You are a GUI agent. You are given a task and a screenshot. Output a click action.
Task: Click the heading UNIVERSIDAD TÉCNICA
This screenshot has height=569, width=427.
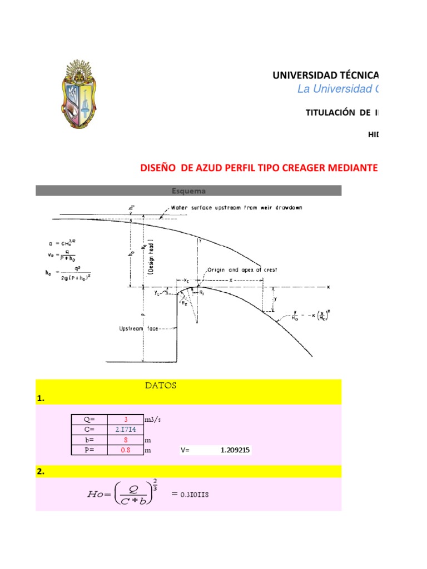[x=325, y=75]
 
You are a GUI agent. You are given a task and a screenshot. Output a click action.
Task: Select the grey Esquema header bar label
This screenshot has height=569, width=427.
[x=188, y=191]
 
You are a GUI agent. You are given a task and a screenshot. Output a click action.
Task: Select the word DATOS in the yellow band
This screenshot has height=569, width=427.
[x=161, y=386]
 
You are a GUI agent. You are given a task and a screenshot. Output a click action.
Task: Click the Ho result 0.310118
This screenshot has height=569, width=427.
[x=192, y=494]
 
